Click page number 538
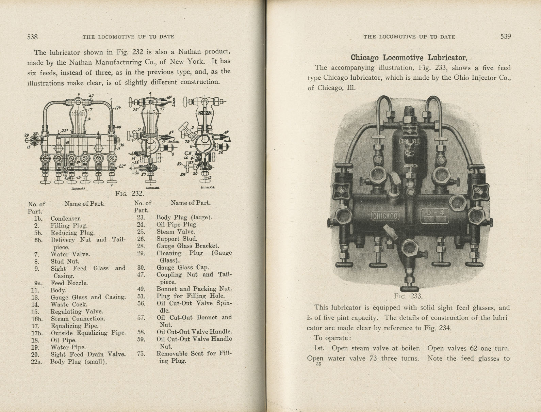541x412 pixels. pos(32,37)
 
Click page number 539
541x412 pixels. pos(505,36)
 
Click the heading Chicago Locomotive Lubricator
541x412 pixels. pos(409,58)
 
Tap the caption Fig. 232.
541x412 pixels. pos(129,194)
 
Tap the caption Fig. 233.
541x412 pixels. pos(408,296)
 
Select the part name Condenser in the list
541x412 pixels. pos(66,219)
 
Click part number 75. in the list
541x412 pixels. pos(141,354)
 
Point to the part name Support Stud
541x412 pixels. pos(177,239)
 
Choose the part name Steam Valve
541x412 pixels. pos(176,232)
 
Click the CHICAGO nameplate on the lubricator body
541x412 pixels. pos(385,216)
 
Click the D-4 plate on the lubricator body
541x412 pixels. pos(435,215)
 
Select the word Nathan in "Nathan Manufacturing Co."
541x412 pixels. pos(81,62)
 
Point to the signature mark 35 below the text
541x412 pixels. pos(318,364)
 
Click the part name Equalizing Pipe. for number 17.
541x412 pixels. pos(75,326)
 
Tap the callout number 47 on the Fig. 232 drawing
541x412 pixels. pos(91,96)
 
